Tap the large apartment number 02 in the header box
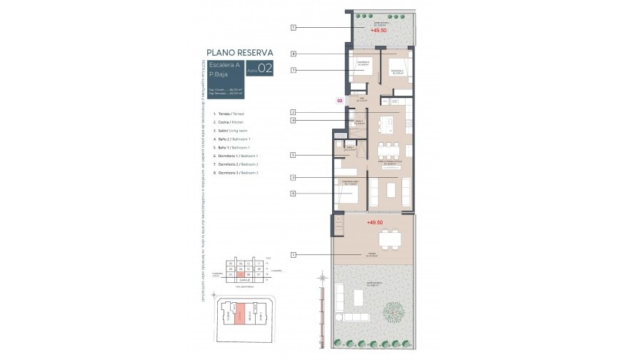click(265, 69)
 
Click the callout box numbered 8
click(294, 54)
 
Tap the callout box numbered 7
click(294, 70)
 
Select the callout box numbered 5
click(294, 155)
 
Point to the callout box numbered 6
click(294, 194)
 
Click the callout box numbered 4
click(294, 121)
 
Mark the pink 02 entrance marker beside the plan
click(340, 101)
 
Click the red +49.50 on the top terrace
click(379, 31)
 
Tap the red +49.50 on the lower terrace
click(376, 223)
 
